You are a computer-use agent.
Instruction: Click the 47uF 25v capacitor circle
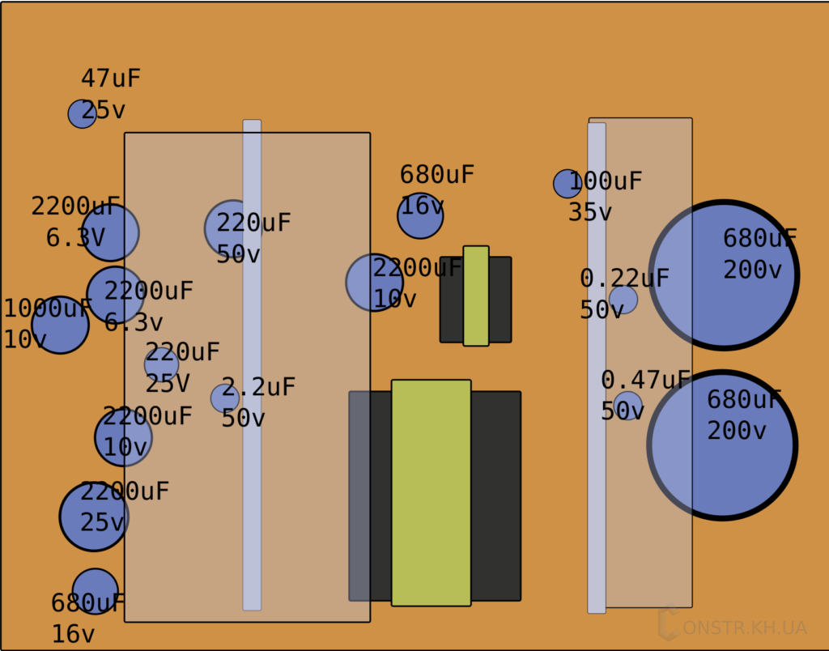(82, 114)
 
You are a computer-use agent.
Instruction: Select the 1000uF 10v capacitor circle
(60, 325)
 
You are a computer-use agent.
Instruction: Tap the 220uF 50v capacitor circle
(232, 228)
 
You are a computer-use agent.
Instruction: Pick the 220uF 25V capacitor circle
(161, 364)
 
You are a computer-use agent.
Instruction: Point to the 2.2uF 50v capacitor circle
(224, 398)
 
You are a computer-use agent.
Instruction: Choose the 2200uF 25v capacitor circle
(94, 517)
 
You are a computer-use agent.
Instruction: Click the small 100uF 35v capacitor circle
(567, 184)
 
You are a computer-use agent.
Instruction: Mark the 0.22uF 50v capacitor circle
(623, 300)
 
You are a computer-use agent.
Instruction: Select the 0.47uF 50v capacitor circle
(627, 405)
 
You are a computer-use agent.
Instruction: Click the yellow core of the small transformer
(476, 296)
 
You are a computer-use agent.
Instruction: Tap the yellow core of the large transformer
(431, 492)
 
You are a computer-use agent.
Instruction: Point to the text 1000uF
(49, 308)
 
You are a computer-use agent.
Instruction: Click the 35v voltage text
(589, 212)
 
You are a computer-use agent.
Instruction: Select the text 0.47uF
(645, 380)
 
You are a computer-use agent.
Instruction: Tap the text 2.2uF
(258, 387)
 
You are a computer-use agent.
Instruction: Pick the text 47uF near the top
(111, 79)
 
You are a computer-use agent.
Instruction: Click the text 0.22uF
(624, 279)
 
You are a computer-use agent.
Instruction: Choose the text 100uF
(605, 181)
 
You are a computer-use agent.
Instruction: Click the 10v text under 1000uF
(25, 340)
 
